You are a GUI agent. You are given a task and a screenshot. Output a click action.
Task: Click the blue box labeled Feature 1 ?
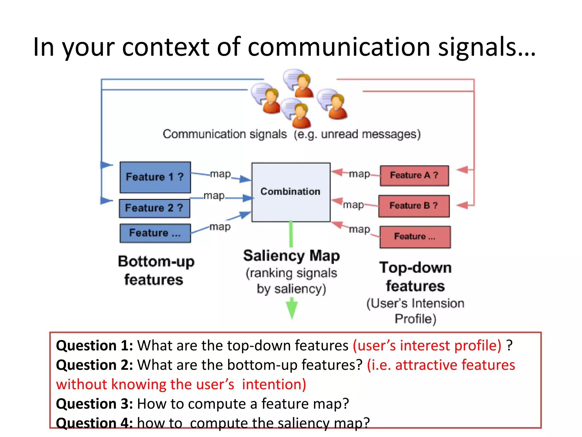coord(155,177)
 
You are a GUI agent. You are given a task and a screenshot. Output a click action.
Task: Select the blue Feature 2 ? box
coord(154,208)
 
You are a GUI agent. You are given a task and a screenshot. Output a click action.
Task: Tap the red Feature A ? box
coord(414,176)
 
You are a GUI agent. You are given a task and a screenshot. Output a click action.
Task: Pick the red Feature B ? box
coord(414,206)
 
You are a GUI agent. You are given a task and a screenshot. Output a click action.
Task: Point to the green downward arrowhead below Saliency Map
coord(292,309)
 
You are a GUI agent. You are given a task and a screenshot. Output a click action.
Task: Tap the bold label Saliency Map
coord(291,255)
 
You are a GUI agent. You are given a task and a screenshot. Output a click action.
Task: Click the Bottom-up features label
coord(156,270)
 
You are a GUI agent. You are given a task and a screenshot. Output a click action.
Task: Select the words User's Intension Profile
coord(415,311)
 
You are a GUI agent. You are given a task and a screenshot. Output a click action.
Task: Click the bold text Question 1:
coord(94,345)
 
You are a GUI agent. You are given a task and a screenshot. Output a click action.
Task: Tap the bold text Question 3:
coord(94,404)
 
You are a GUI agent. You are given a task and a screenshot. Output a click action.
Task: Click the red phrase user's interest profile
coord(427,345)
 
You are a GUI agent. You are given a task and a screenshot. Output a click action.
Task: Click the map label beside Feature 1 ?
coord(220,174)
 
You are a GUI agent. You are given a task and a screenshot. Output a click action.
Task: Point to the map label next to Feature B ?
coord(353,205)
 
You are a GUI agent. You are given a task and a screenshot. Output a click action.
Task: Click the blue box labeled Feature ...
coord(155,233)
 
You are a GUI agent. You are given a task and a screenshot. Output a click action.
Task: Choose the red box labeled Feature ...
coord(415,237)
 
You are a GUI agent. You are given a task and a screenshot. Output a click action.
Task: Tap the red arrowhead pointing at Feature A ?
coord(463,170)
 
